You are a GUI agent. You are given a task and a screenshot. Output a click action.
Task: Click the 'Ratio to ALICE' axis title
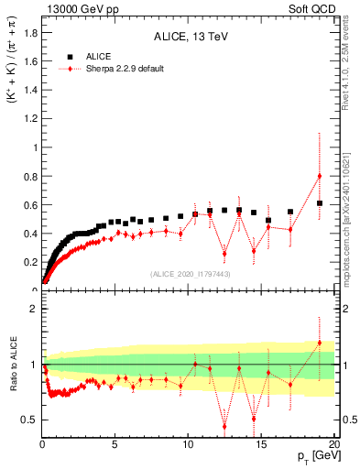pyautogui.click(x=14, y=364)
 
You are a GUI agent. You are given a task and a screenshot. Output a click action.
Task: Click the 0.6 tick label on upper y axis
pyautogui.click(x=30, y=205)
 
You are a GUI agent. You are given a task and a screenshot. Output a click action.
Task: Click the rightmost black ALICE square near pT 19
pyautogui.click(x=320, y=203)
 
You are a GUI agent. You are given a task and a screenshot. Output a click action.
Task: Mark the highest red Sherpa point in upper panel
pyautogui.click(x=320, y=176)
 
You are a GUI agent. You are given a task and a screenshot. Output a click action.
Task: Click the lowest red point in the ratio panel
pyautogui.click(x=224, y=426)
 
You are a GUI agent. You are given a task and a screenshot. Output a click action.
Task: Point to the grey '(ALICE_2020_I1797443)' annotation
pyautogui.click(x=189, y=273)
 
